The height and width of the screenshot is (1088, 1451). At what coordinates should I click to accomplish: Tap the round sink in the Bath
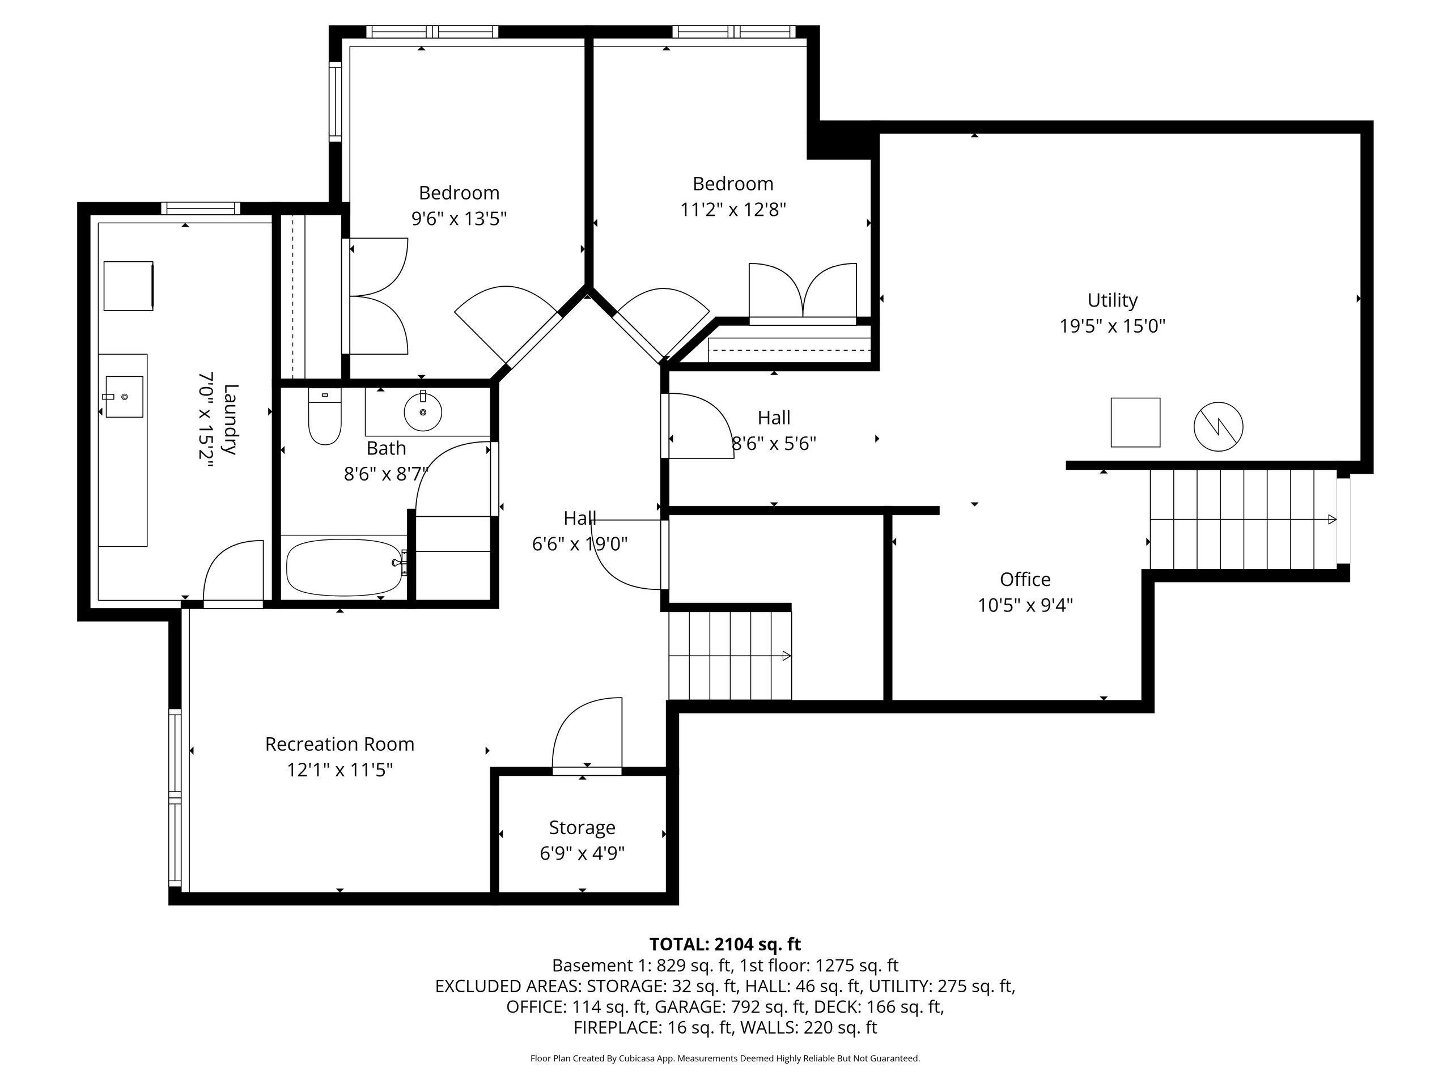(x=423, y=411)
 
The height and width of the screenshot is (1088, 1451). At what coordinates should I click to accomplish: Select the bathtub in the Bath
(x=346, y=567)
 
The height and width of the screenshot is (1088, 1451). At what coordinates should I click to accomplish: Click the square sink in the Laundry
(x=124, y=397)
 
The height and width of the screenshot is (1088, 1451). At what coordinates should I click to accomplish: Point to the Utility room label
(x=1113, y=300)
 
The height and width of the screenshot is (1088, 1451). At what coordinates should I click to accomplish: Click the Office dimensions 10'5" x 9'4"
(x=1025, y=605)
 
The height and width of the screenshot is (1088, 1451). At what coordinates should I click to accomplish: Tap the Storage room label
(x=583, y=828)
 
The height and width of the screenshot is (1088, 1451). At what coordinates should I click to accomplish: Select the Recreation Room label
(x=340, y=745)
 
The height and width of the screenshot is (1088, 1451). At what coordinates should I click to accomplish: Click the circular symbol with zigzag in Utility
(x=1218, y=426)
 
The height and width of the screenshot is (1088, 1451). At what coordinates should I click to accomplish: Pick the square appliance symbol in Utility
(x=1135, y=422)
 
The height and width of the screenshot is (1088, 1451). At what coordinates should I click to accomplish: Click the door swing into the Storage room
(x=587, y=732)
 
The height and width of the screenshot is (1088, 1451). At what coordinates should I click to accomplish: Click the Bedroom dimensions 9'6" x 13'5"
(x=459, y=218)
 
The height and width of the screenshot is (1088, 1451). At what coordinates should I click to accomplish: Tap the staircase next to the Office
(x=1243, y=520)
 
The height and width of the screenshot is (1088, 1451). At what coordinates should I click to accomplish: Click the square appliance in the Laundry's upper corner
(x=129, y=286)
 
